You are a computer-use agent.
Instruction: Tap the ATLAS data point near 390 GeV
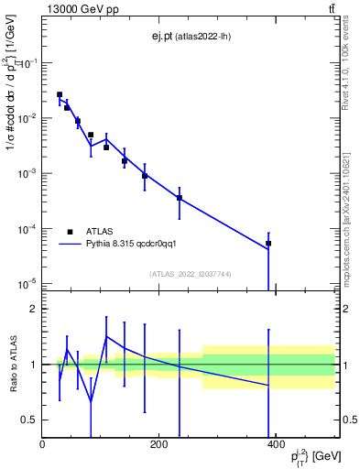pyautogui.click(x=268, y=244)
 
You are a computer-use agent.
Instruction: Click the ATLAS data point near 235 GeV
pyautogui.click(x=180, y=197)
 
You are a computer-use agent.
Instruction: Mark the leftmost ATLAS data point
pyautogui.click(x=60, y=94)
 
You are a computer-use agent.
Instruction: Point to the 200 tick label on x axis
pyautogui.click(x=158, y=444)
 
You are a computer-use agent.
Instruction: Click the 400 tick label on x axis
pyautogui.click(x=275, y=444)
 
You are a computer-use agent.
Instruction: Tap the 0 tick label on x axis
pyautogui.click(x=42, y=444)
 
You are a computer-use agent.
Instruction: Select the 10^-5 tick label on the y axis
pyautogui.click(x=27, y=284)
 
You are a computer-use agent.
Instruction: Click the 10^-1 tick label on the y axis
pyautogui.click(x=27, y=63)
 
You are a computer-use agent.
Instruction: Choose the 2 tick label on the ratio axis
pyautogui.click(x=33, y=309)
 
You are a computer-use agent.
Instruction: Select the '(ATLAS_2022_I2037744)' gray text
pyautogui.click(x=190, y=274)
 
